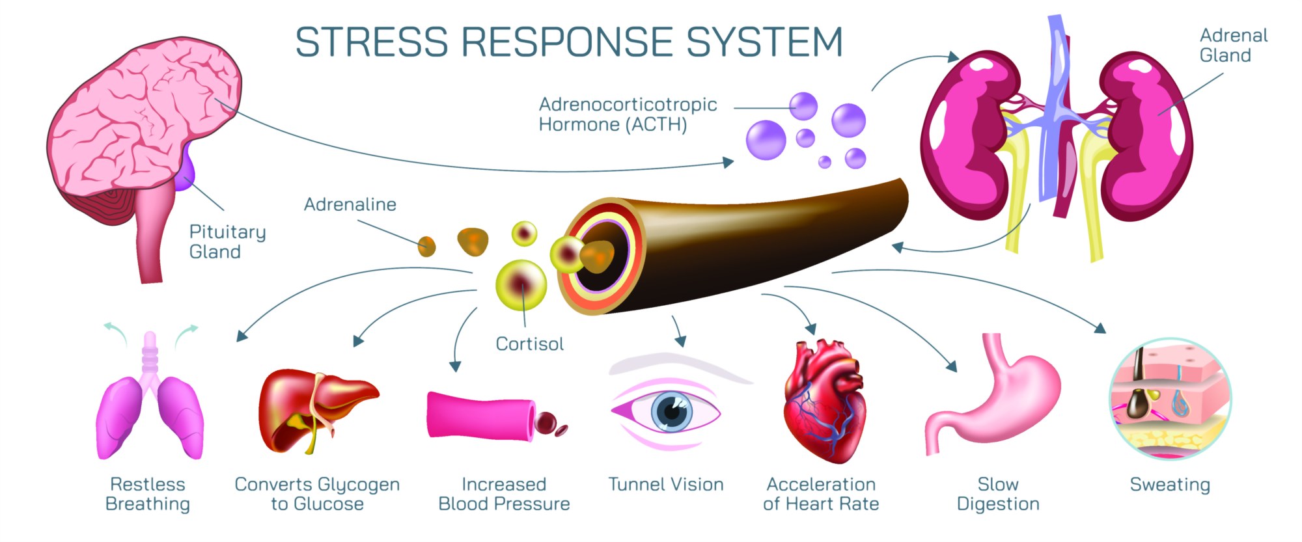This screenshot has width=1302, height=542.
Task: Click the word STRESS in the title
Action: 372,42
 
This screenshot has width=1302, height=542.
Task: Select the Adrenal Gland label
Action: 1233,46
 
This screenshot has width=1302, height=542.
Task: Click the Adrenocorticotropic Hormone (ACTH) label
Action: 628,115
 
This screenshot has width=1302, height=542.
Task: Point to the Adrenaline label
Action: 350,205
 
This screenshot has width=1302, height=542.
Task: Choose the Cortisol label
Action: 529,344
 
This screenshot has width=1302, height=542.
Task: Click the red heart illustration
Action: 824,403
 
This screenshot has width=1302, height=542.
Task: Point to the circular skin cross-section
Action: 1170,398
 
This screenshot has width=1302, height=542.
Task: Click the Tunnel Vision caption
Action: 666,485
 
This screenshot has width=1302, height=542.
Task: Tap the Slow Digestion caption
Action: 998,495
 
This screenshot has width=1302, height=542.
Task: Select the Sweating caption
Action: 1170,485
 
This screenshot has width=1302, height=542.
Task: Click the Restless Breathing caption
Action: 148,495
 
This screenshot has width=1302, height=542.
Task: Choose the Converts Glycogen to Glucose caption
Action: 317,495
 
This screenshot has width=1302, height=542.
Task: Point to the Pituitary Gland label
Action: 227,242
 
